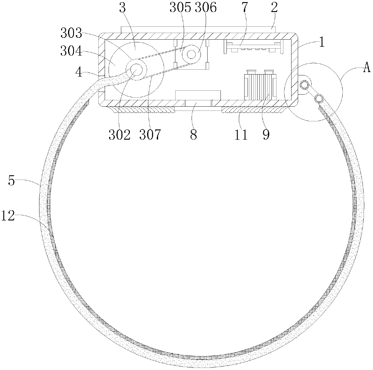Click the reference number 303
tap(71, 33)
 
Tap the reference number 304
tap(71, 51)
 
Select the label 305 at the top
tap(180, 8)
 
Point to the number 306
tap(205, 8)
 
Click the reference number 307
tap(150, 135)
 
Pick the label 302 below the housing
tap(120, 135)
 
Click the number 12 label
tap(8, 216)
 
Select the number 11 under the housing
tap(241, 135)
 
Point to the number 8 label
tap(193, 135)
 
